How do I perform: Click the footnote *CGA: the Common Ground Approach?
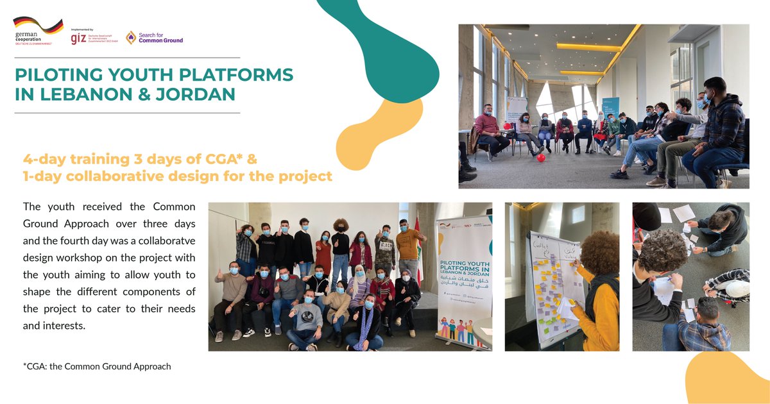pyautogui.click(x=97, y=367)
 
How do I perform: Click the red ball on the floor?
pyautogui.click(x=541, y=157)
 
